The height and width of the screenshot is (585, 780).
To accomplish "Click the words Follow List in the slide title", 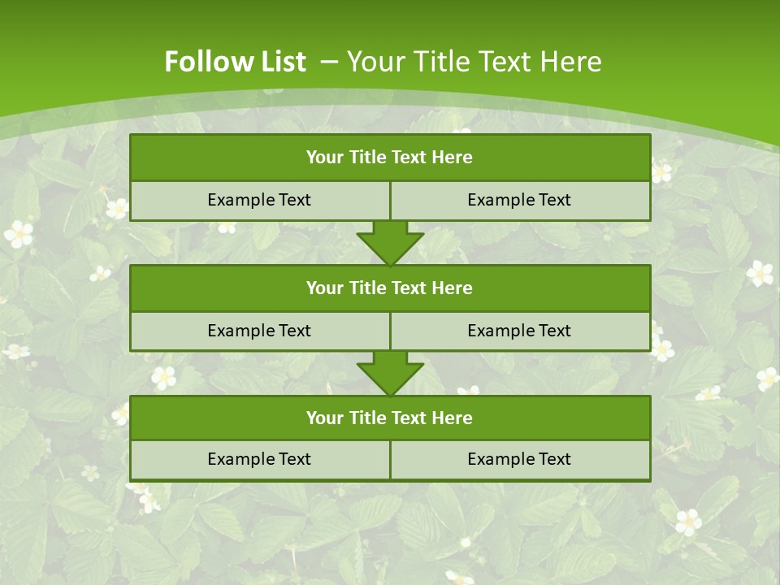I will click(235, 62).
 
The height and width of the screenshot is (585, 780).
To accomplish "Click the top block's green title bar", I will click(390, 158).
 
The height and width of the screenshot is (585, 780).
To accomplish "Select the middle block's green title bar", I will click(390, 288).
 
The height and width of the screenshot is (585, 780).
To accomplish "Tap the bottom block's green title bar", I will click(390, 418).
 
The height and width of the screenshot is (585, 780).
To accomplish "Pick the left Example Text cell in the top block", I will click(259, 201).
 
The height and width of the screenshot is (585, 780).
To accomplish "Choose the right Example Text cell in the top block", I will click(520, 201).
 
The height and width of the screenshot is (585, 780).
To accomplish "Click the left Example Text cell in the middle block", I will click(259, 331).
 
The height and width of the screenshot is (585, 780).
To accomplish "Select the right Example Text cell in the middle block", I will click(520, 331).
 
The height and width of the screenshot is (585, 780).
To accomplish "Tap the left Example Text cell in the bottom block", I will click(259, 460).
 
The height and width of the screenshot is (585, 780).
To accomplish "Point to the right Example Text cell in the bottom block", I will click(520, 460).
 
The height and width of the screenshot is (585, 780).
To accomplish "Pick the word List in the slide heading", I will click(279, 62).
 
